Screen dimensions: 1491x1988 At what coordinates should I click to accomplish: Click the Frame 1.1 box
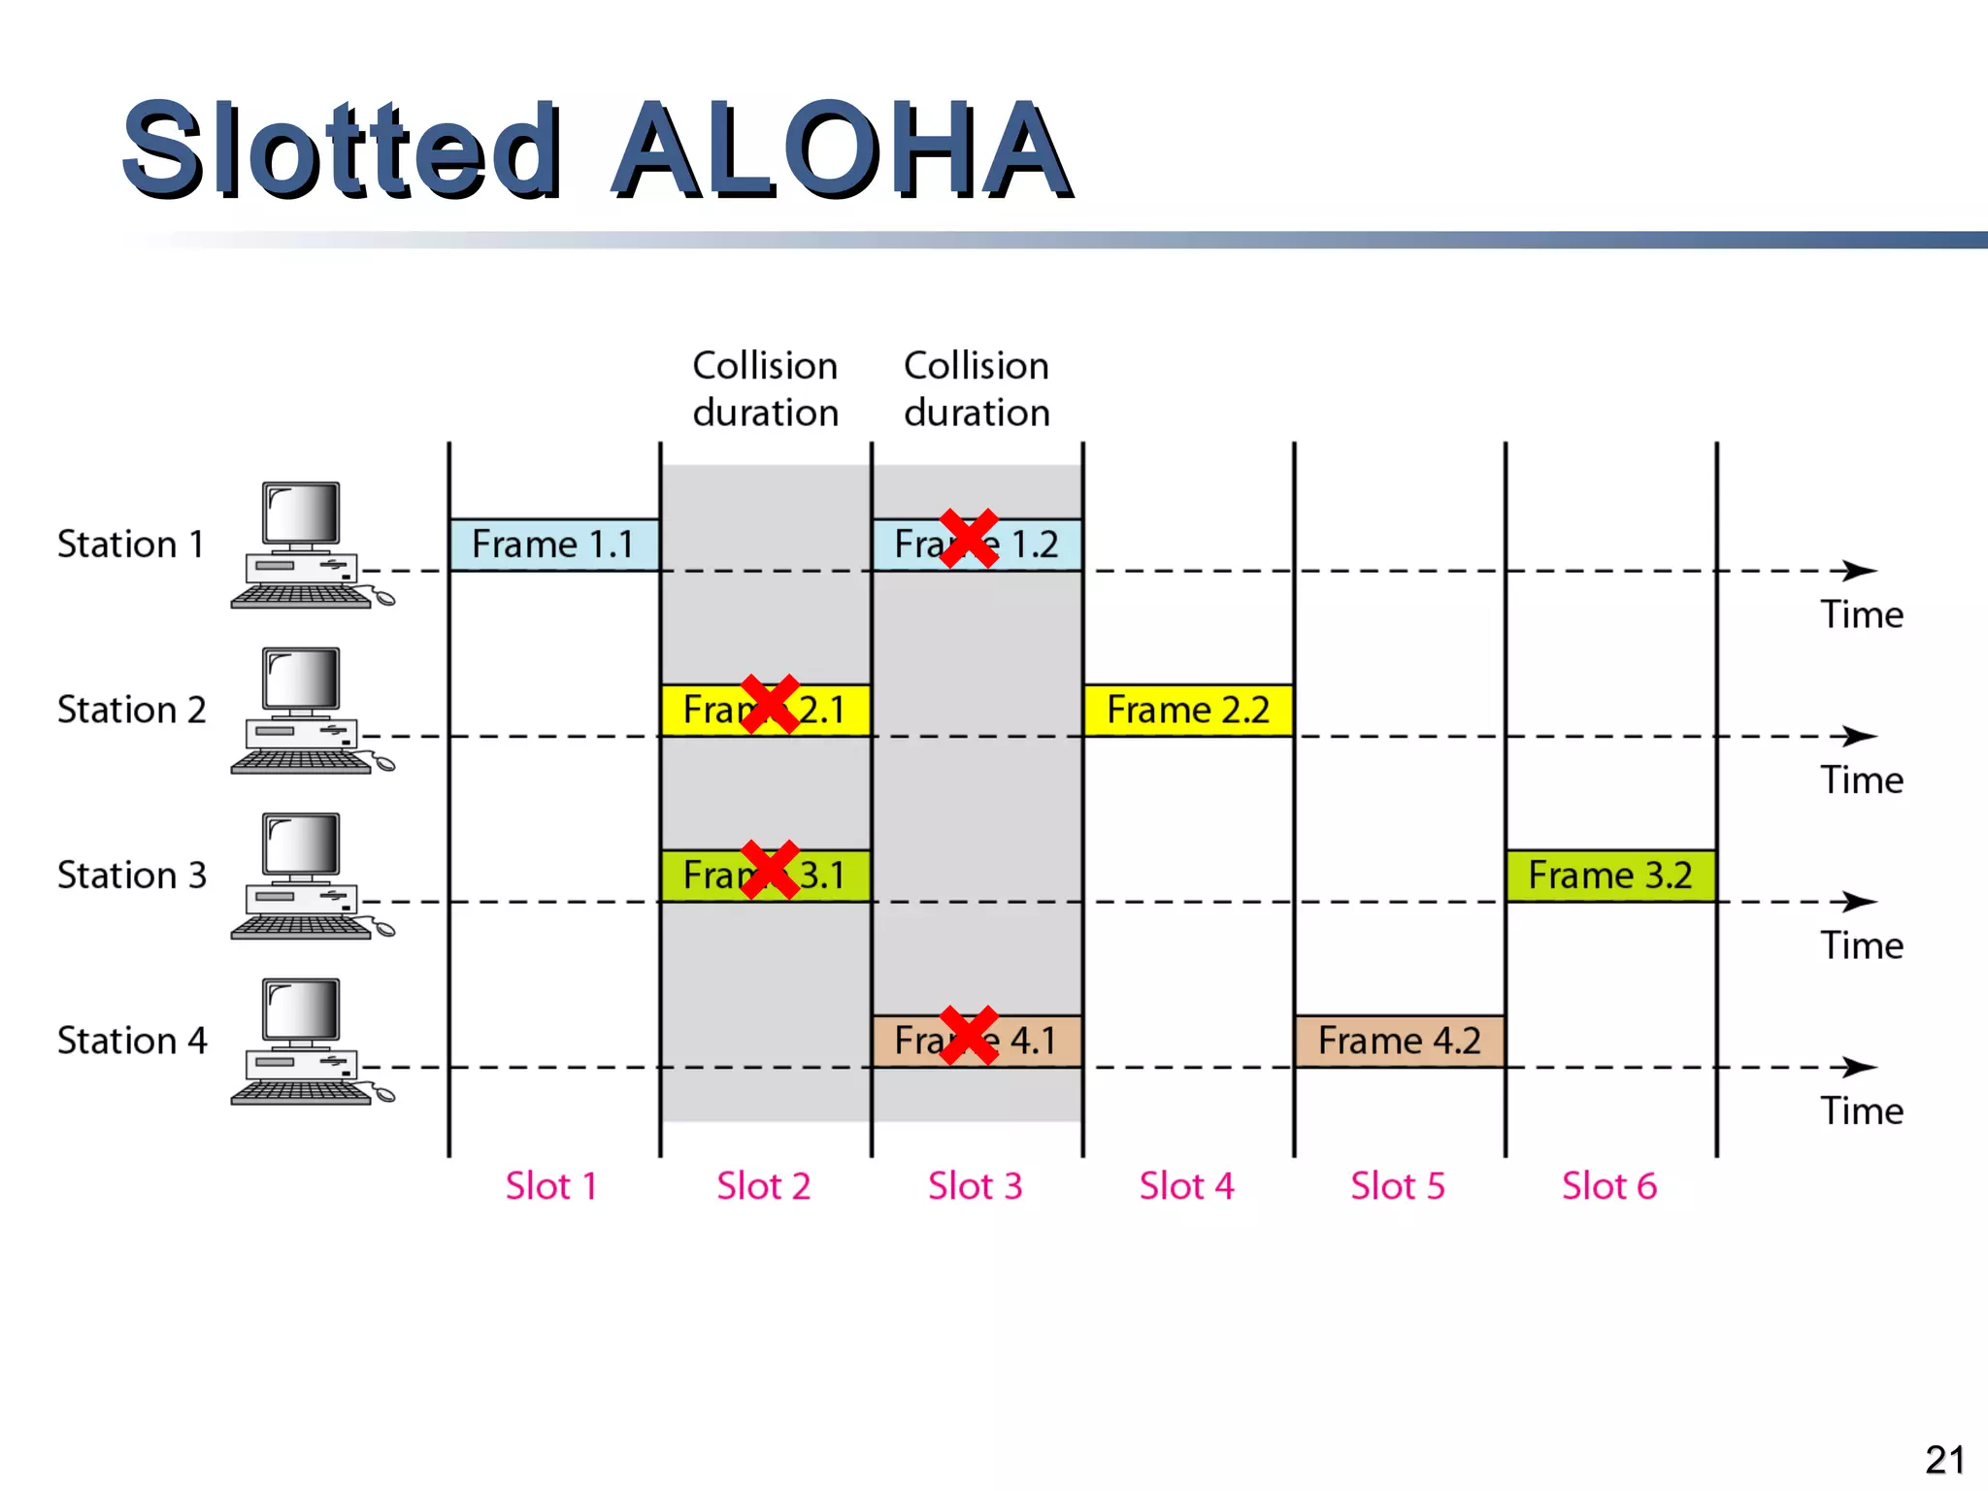tap(553, 545)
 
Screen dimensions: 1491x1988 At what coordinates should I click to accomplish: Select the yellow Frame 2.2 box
tap(1188, 710)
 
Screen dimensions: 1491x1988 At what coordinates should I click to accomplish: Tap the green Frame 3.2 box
tap(1610, 876)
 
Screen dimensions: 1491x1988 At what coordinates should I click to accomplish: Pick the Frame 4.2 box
tap(1399, 1041)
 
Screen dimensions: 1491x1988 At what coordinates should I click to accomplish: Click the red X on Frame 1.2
tap(969, 538)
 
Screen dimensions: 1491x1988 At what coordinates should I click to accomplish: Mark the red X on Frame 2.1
tap(770, 704)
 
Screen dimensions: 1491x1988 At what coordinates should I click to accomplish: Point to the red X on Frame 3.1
tap(770, 870)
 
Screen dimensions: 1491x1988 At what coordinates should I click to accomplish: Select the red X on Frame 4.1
tap(969, 1035)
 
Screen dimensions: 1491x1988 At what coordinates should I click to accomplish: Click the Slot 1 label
tap(551, 1186)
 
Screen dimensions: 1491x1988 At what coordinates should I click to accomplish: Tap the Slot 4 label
tap(1186, 1186)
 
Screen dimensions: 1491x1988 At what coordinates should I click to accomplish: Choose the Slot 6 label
tap(1609, 1186)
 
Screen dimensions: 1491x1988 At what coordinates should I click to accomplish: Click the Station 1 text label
tap(131, 545)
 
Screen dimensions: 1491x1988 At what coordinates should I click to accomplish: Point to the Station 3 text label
tap(132, 876)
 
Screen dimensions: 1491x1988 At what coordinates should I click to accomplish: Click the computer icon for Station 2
tap(307, 711)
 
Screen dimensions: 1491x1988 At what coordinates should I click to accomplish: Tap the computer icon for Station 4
tap(307, 1042)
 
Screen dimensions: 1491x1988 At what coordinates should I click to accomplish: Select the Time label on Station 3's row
tap(1862, 945)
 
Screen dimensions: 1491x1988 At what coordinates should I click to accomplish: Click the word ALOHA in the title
tap(842, 151)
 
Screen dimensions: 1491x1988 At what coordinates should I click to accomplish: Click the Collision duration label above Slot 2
tap(765, 389)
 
